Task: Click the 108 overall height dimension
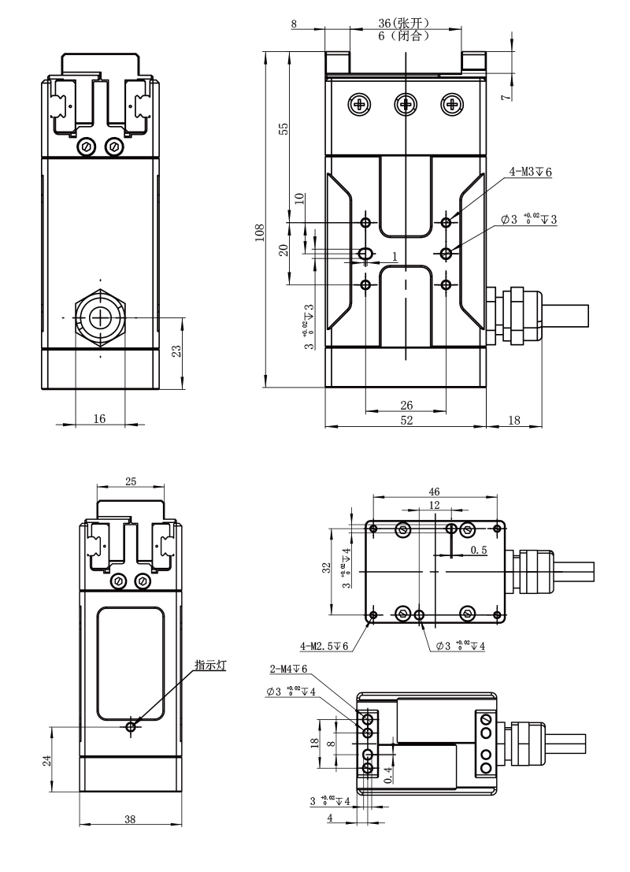(x=260, y=230)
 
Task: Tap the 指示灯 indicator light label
(x=210, y=666)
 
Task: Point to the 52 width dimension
(x=406, y=421)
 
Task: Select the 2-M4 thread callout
(x=288, y=670)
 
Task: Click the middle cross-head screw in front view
(x=406, y=103)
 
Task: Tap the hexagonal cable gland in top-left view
(x=101, y=317)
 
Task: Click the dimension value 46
(x=435, y=492)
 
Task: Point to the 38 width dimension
(x=130, y=819)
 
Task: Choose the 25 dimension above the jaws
(x=131, y=481)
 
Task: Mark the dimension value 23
(x=178, y=351)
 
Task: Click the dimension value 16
(x=99, y=419)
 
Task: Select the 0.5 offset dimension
(x=478, y=550)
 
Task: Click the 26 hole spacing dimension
(x=406, y=405)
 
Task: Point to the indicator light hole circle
(x=131, y=725)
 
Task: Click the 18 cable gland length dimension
(x=513, y=421)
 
